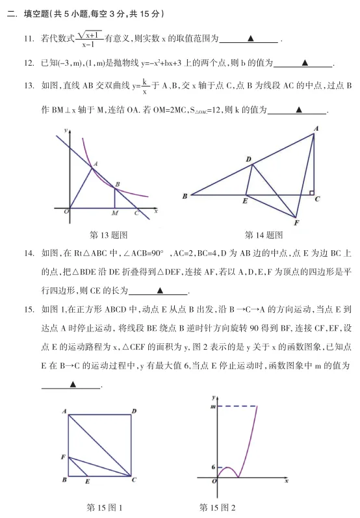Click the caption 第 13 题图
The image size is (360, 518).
(x=108, y=235)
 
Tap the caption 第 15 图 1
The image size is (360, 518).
(x=104, y=507)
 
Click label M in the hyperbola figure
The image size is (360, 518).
(x=114, y=213)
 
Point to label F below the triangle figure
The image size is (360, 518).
(x=296, y=224)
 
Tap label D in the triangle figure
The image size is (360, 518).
(x=248, y=159)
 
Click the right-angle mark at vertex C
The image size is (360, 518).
(x=311, y=192)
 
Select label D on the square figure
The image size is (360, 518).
(x=133, y=411)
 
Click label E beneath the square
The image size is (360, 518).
(x=88, y=482)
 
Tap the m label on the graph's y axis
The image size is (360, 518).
(x=212, y=406)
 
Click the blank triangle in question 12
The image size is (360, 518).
(x=305, y=63)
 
